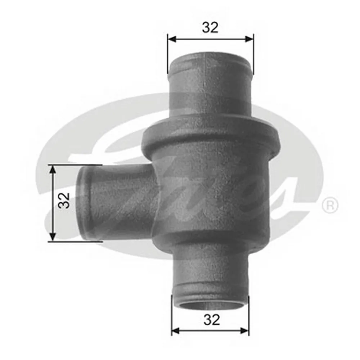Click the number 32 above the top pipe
point(210,28)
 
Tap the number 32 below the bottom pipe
point(212,320)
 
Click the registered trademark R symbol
point(330,205)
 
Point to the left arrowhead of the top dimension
point(172,39)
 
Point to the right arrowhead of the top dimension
point(249,39)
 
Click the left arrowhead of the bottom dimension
point(176,331)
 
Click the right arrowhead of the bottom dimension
point(244,331)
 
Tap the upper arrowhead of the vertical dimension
point(53,170)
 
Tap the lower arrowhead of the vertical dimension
point(53,237)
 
